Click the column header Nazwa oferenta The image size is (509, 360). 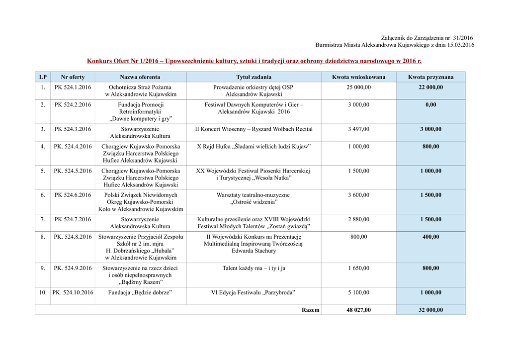coord(140,77)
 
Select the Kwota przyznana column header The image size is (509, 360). coord(430,77)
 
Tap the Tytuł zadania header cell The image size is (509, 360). coord(254,77)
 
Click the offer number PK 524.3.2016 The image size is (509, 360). coord(73,129)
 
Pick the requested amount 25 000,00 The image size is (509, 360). coord(358,88)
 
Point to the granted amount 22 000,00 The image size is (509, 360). coord(430,88)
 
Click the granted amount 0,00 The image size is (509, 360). coord(430,105)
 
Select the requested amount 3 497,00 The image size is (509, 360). coord(358,129)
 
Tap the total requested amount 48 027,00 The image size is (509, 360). coord(358,310)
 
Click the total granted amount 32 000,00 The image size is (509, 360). coord(430,310)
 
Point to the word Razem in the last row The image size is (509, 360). coord(311,310)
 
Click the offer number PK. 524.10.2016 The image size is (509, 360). coord(73,293)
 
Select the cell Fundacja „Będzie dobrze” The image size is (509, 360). coord(140,293)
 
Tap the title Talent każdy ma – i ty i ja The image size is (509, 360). coord(254,269)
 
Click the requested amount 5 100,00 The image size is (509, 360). coord(358,293)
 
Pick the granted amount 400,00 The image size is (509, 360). coord(430,237)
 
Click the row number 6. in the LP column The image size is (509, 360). coord(43,195)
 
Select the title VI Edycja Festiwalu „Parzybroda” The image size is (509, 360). coord(254,293)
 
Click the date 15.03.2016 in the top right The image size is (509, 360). coord(459,45)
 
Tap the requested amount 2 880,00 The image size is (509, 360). coord(358,219)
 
